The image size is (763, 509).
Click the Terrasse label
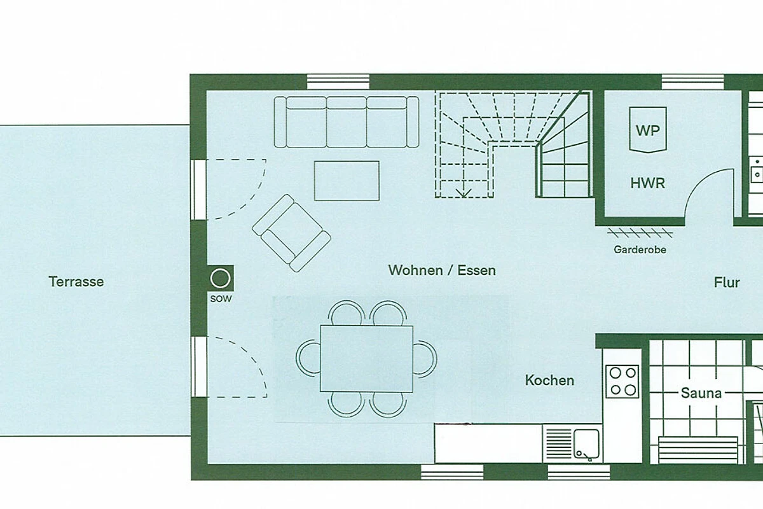(76, 282)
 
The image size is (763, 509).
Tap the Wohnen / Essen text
(442, 270)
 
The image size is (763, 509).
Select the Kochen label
(549, 380)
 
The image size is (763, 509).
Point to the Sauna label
(701, 393)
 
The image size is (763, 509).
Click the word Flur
(727, 282)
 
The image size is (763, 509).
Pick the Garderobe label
(640, 250)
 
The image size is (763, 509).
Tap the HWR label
(647, 183)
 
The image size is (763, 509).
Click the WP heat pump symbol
(648, 130)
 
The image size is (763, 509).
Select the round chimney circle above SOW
(221, 279)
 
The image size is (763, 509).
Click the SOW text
(221, 299)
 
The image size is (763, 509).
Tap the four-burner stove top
(622, 382)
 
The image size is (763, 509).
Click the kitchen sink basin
(586, 443)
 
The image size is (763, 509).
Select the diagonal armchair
(291, 234)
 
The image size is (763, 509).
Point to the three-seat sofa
(347, 122)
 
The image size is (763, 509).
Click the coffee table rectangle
(347, 181)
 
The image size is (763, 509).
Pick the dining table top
(366, 359)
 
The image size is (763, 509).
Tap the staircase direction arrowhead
(464, 193)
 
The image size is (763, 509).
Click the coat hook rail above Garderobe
(640, 234)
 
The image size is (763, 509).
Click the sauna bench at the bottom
(698, 450)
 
